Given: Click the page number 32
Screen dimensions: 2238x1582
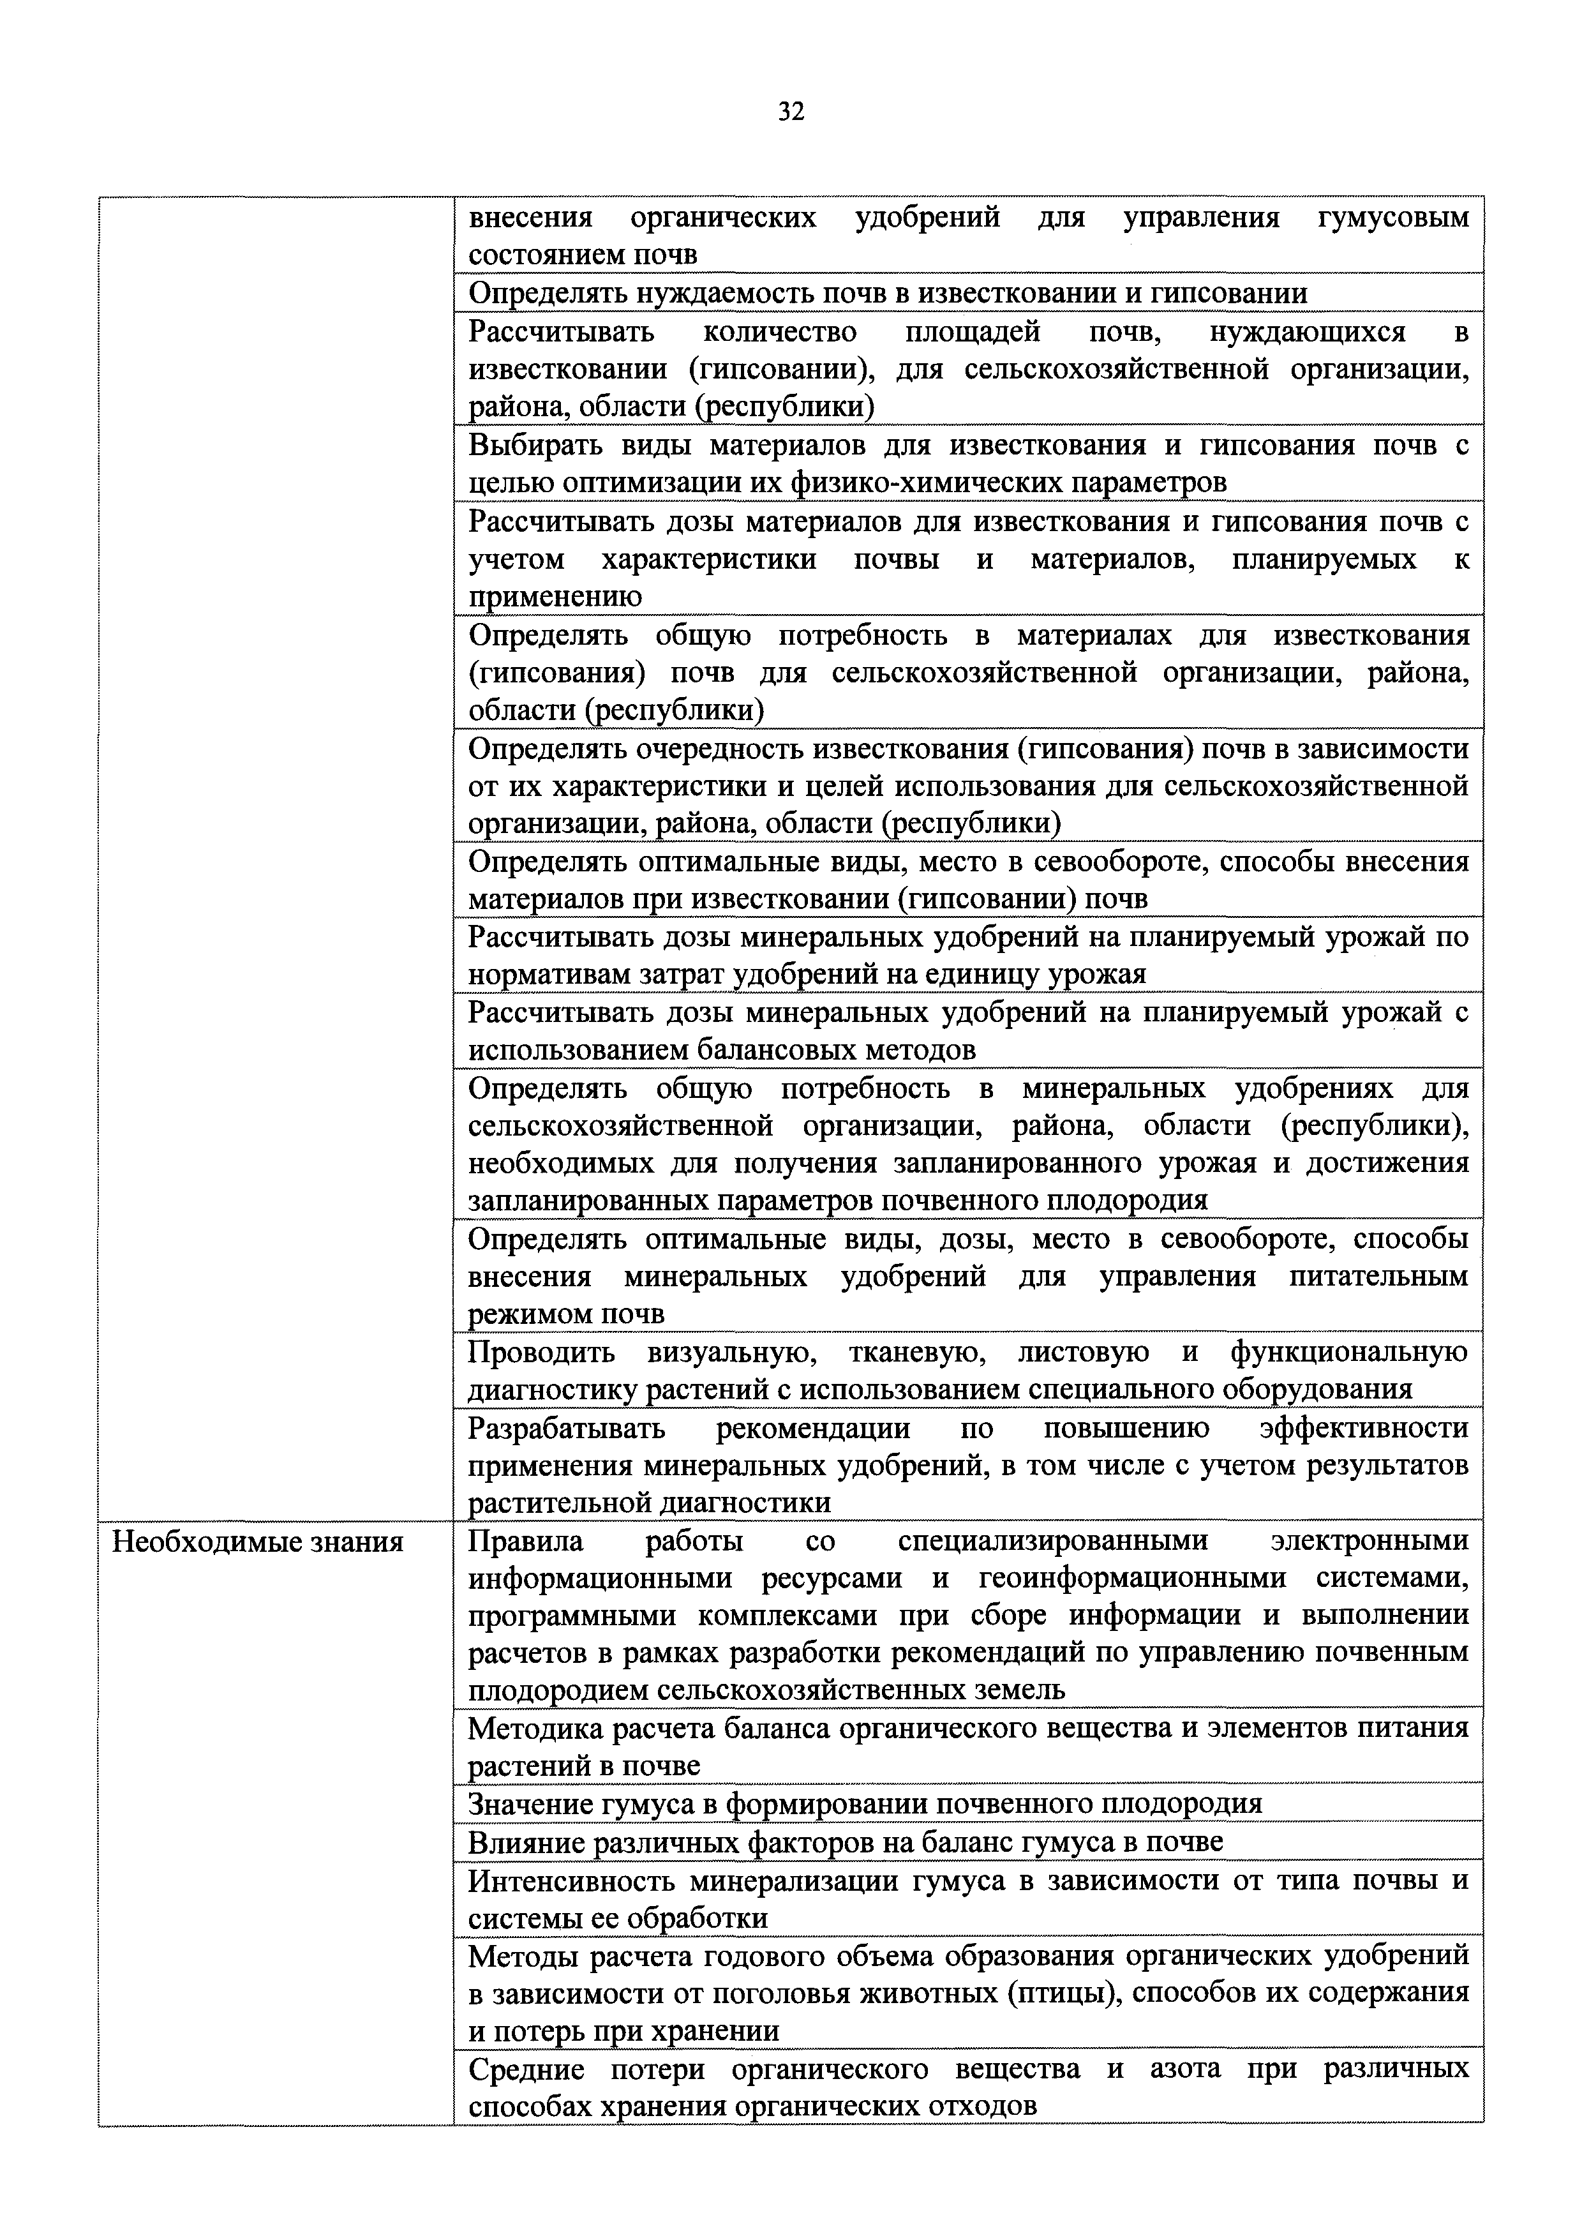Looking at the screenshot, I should [x=791, y=112].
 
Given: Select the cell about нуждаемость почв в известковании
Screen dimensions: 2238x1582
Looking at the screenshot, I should [x=887, y=294].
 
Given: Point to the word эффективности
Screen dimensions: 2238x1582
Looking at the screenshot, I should [x=1362, y=1428].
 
